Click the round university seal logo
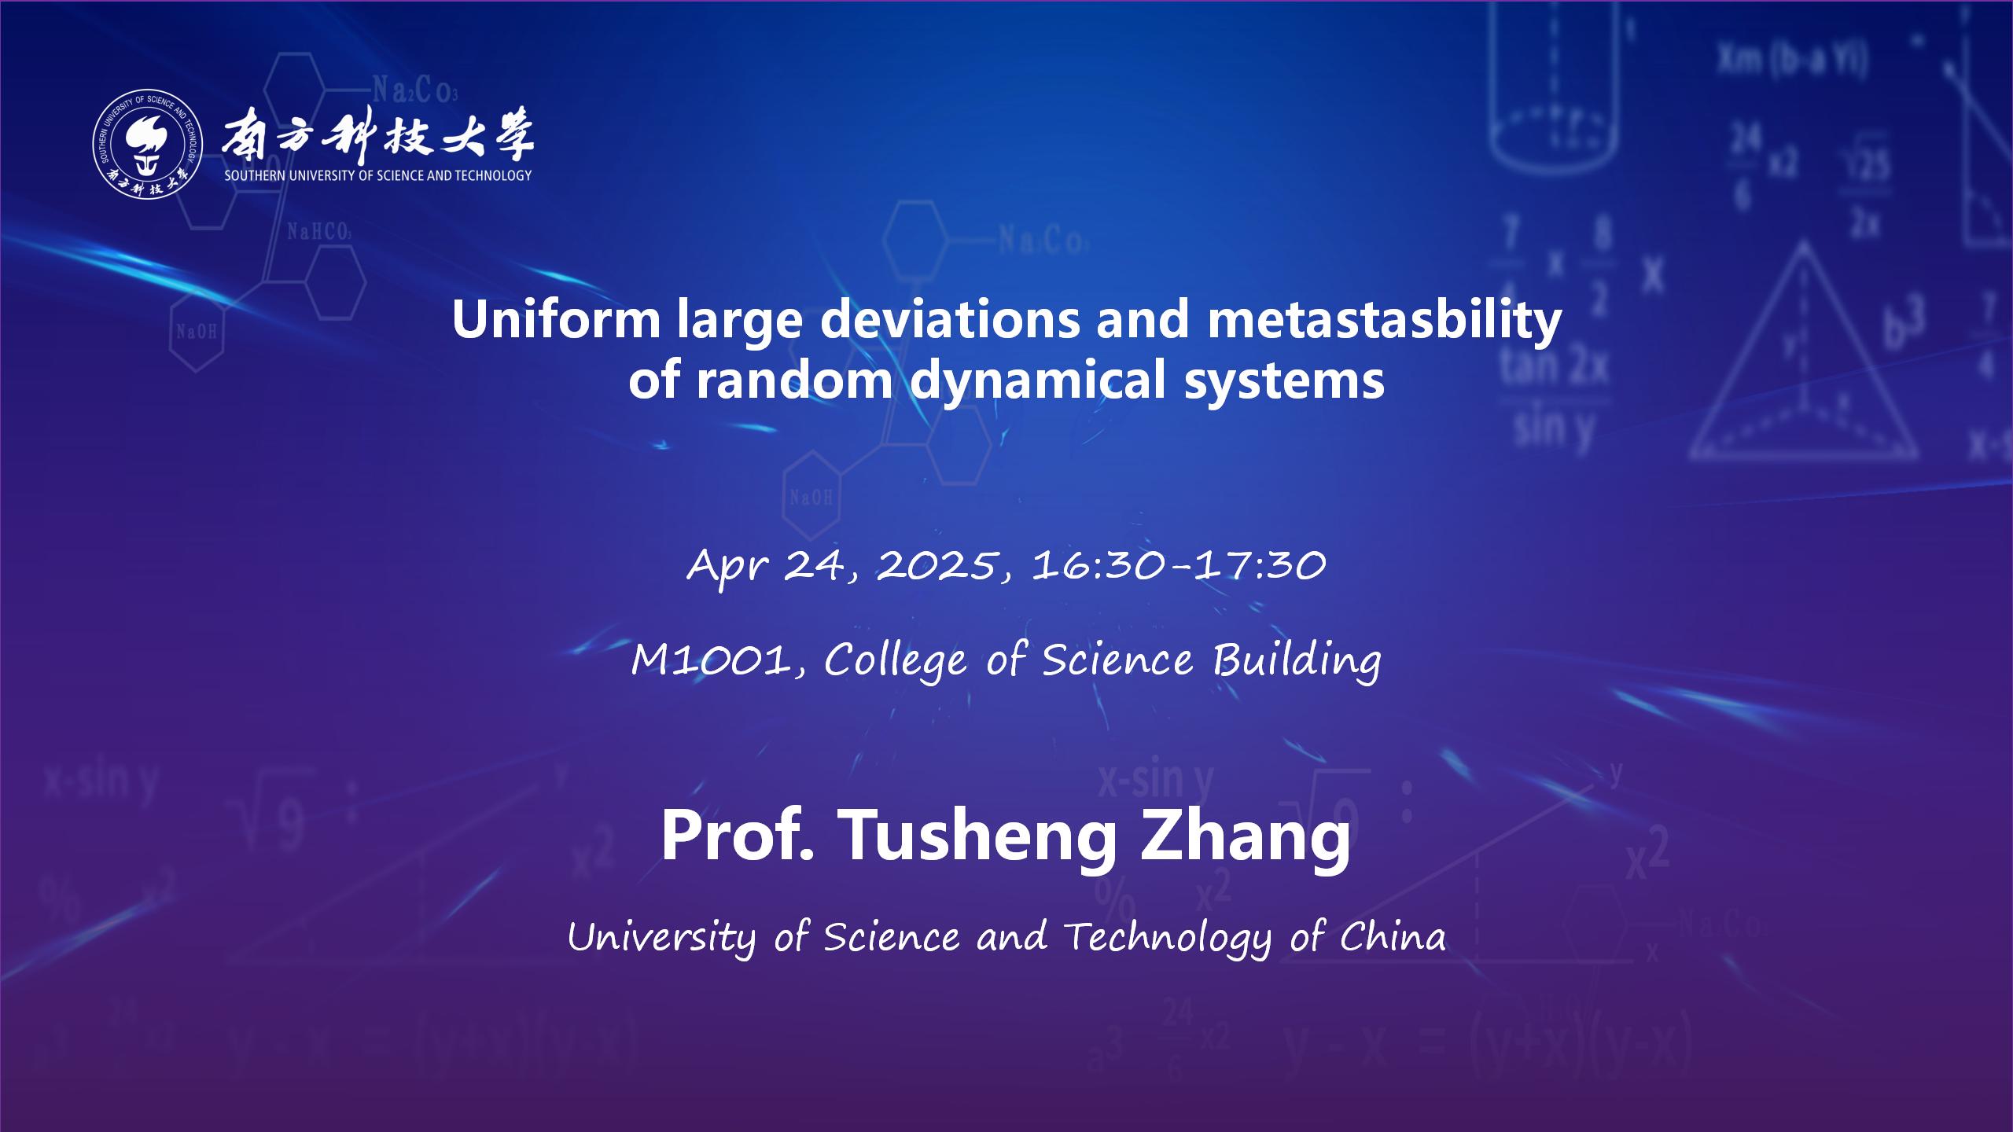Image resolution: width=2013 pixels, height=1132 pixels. tap(149, 142)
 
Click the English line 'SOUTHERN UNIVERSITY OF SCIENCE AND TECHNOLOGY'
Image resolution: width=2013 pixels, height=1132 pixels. tap(378, 175)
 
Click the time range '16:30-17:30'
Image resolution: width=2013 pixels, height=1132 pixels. tap(1179, 565)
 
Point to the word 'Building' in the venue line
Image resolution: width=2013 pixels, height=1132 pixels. tap(1296, 661)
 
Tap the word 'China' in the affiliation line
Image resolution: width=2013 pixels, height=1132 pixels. tap(1393, 936)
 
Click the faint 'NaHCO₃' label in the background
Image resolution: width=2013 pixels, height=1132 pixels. tap(318, 232)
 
